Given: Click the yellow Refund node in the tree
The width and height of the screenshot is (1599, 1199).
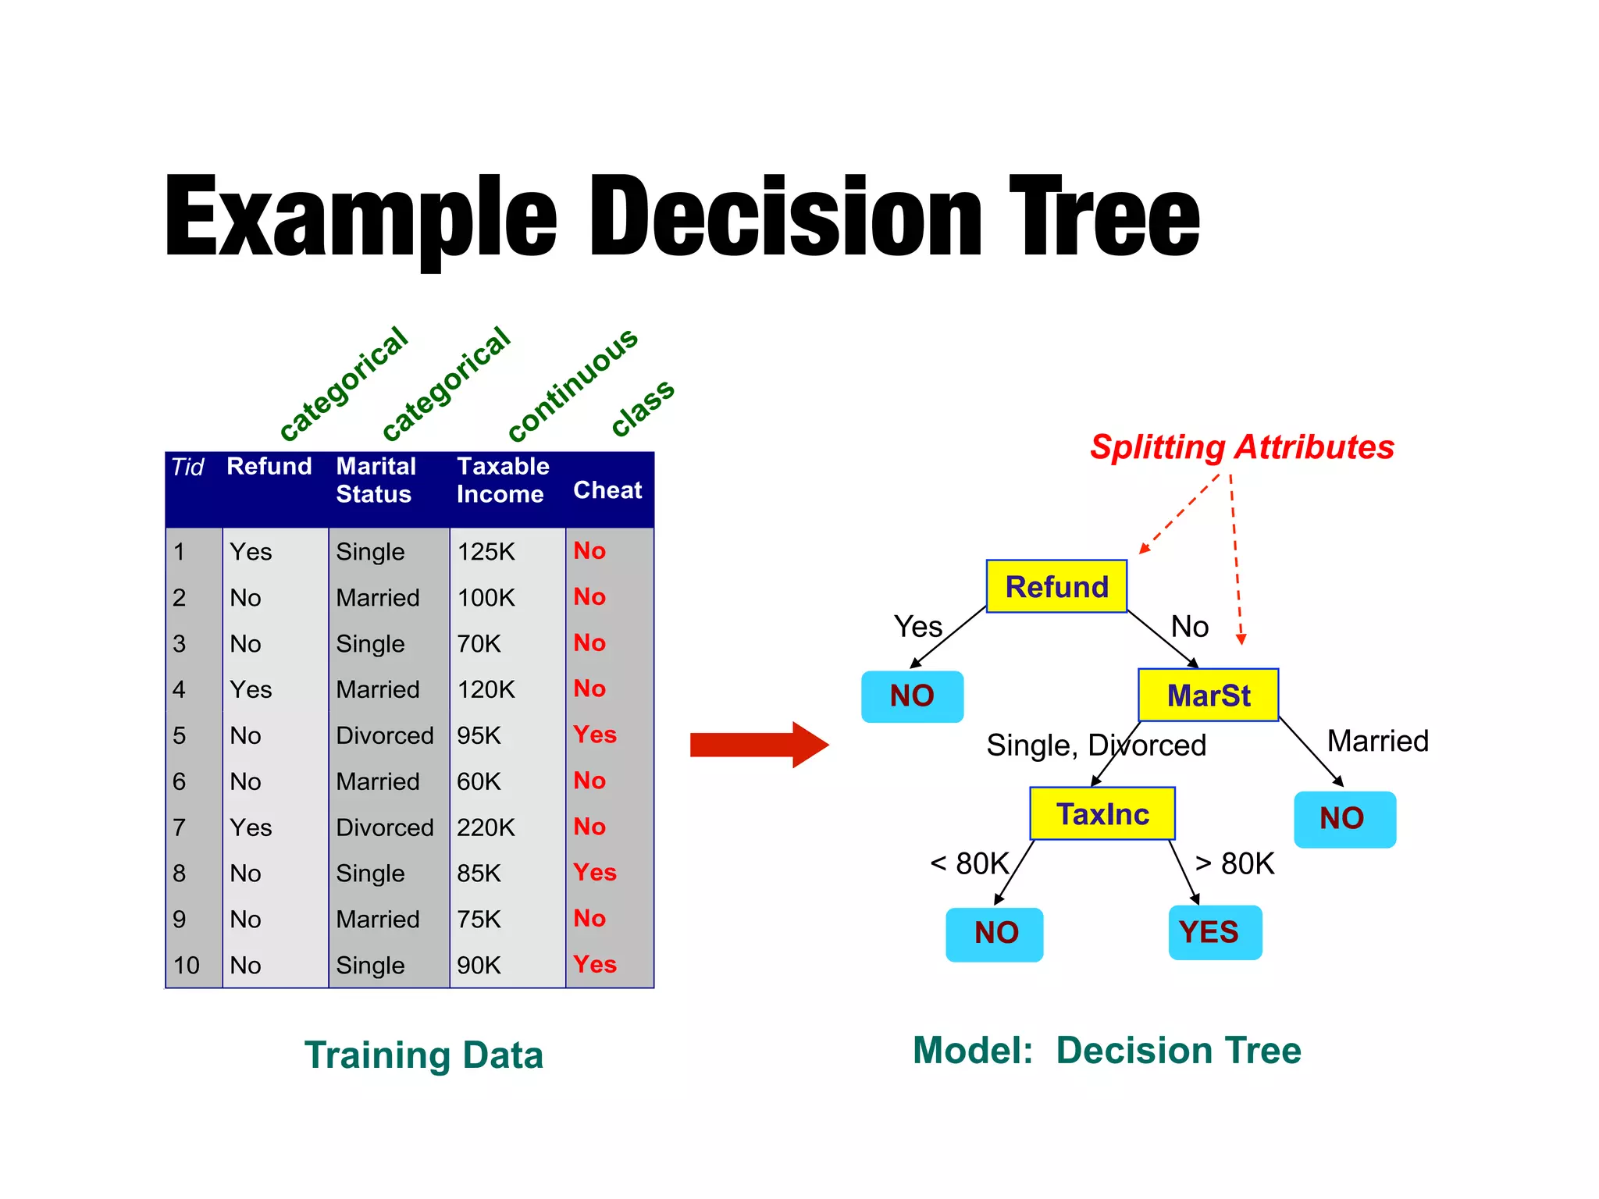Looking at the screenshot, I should pos(1056,586).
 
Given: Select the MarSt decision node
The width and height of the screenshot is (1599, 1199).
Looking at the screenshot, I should pos(1208,695).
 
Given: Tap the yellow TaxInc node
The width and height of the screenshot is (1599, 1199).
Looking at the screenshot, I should pos(1102,814).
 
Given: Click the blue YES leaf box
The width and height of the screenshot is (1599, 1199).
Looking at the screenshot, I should pos(1214,932).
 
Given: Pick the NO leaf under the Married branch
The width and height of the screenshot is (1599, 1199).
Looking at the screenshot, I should pos(1344,819).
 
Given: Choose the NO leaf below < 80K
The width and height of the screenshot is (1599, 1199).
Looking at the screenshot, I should pos(994,934).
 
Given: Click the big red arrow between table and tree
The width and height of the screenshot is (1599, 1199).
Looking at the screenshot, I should pos(757,745).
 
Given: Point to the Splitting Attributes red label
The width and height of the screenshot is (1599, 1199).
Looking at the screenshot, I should pos(1241,447).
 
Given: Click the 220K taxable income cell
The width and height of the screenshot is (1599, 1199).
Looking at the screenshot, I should pos(486,827).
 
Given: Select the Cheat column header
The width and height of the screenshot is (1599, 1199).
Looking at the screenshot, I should pos(607,490).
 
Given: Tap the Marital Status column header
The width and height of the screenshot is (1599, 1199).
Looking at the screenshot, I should pos(376,480).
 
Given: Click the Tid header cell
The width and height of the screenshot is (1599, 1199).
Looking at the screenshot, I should pos(187,468).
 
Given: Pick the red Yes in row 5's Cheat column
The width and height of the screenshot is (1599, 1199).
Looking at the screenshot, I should pos(594,735).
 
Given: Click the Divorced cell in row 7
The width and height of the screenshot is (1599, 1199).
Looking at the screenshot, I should pos(384,827).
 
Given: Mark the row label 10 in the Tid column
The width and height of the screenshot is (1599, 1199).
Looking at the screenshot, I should pos(187,966).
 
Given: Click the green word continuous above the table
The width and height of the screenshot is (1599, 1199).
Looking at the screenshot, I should pos(572,384).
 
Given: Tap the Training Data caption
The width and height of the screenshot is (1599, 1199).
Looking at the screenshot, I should pos(423,1055).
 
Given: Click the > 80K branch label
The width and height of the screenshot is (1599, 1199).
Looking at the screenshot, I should pos(1234,864).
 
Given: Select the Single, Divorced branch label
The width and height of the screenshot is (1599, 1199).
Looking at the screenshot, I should pos(1095,745).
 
